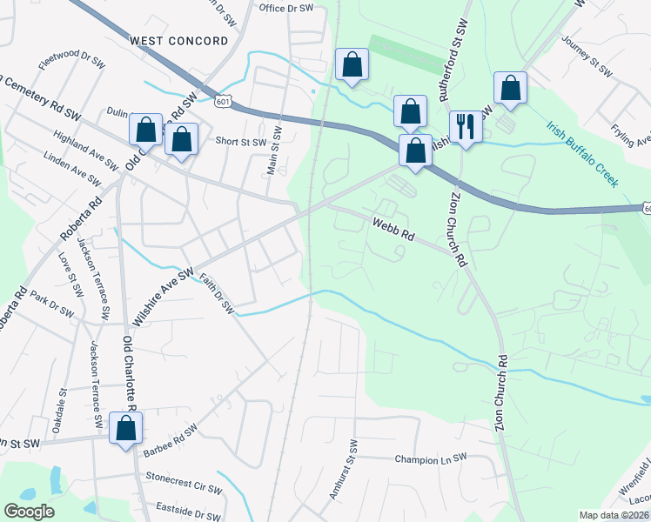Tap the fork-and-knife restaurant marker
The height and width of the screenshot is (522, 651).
(465, 127)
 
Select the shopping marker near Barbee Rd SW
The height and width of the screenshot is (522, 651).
(125, 429)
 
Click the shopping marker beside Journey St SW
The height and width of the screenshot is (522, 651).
(510, 88)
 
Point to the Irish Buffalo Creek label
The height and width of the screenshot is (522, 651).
(582, 154)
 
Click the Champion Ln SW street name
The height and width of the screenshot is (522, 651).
(431, 458)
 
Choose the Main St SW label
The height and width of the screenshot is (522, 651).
(275, 150)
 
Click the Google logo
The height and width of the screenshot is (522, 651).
(28, 512)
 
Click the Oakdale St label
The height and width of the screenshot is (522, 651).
(58, 412)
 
